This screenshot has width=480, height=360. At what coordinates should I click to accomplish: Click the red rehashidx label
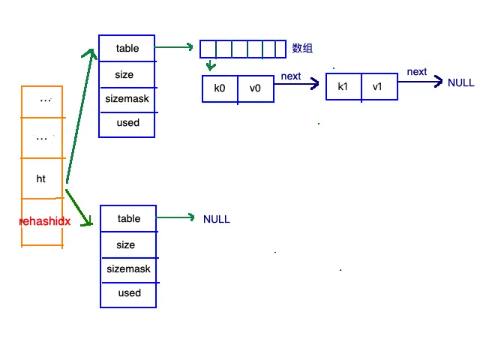click(x=45, y=221)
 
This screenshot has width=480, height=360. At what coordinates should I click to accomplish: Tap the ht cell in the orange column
click(x=42, y=178)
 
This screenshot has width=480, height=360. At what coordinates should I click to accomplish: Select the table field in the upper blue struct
click(x=127, y=48)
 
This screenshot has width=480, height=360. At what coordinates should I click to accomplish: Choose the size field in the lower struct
click(x=128, y=244)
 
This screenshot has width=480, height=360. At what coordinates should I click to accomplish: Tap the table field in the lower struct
click(x=128, y=218)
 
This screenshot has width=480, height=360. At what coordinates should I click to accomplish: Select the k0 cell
click(x=220, y=88)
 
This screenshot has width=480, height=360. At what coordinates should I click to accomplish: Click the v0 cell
click(x=256, y=88)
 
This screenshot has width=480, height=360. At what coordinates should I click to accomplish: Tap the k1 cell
click(x=343, y=87)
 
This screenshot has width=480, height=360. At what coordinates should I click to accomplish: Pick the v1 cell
click(x=379, y=87)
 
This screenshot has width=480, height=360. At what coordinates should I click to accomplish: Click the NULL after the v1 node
click(x=460, y=82)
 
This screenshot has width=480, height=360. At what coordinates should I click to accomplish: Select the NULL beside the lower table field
click(x=217, y=219)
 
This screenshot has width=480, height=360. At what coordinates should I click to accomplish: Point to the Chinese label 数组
click(x=302, y=48)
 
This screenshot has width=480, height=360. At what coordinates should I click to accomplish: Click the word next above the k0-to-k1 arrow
click(x=291, y=76)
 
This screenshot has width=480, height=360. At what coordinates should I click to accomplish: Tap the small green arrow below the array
click(x=211, y=65)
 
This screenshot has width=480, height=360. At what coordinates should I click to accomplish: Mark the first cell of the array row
click(x=208, y=49)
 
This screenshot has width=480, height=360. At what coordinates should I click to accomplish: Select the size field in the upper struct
click(x=127, y=75)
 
